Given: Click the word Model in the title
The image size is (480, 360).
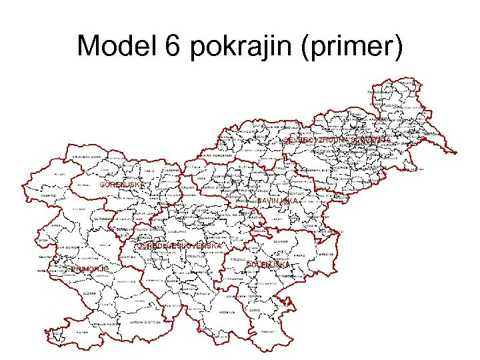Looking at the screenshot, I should tap(114, 46).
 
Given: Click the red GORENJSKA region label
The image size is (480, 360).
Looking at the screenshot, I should tap(121, 185).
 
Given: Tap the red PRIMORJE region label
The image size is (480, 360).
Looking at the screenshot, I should tap(89, 269).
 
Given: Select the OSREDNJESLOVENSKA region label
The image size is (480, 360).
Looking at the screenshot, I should tap(179, 246).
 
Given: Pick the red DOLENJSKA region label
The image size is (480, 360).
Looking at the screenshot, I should tap(269, 265).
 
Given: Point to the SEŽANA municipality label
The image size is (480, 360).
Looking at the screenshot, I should tap(89, 293).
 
